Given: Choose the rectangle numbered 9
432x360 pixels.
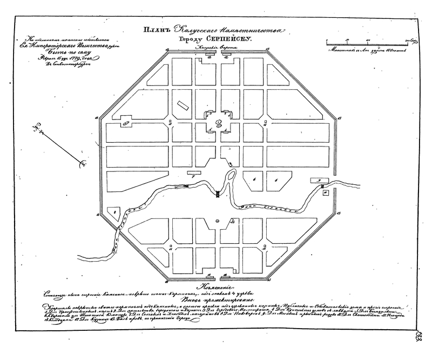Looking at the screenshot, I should coord(319,180).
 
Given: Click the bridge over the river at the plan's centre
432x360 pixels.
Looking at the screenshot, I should coord(217,194).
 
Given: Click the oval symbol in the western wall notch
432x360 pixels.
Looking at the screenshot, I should coord(126,122).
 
